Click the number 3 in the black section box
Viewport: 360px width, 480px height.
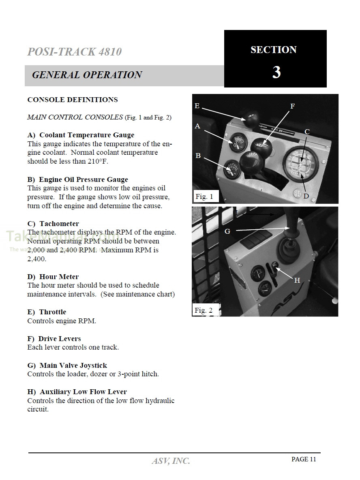(276, 72)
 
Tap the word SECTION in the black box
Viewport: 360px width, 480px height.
(274, 50)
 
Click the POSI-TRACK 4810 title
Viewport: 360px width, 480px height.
(74, 52)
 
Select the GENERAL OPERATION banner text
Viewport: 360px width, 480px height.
(87, 75)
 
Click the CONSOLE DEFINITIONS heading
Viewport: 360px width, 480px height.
(73, 100)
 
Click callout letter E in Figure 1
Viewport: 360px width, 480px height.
(197, 106)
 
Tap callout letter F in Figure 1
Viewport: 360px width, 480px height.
(292, 106)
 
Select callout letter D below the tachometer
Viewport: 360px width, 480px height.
(306, 196)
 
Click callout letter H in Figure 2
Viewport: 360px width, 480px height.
(297, 280)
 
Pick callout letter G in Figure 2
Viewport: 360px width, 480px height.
(227, 231)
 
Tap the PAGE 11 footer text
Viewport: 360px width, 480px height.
(304, 459)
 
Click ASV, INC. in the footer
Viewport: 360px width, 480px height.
(171, 461)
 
